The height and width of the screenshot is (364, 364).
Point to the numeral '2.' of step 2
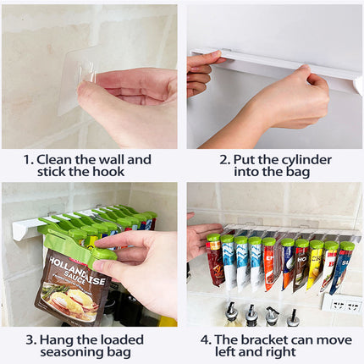point(225,159)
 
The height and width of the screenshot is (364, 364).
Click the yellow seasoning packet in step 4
point(313,262)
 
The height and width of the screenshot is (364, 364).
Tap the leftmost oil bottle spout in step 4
point(229,314)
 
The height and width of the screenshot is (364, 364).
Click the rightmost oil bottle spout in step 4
point(292,316)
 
